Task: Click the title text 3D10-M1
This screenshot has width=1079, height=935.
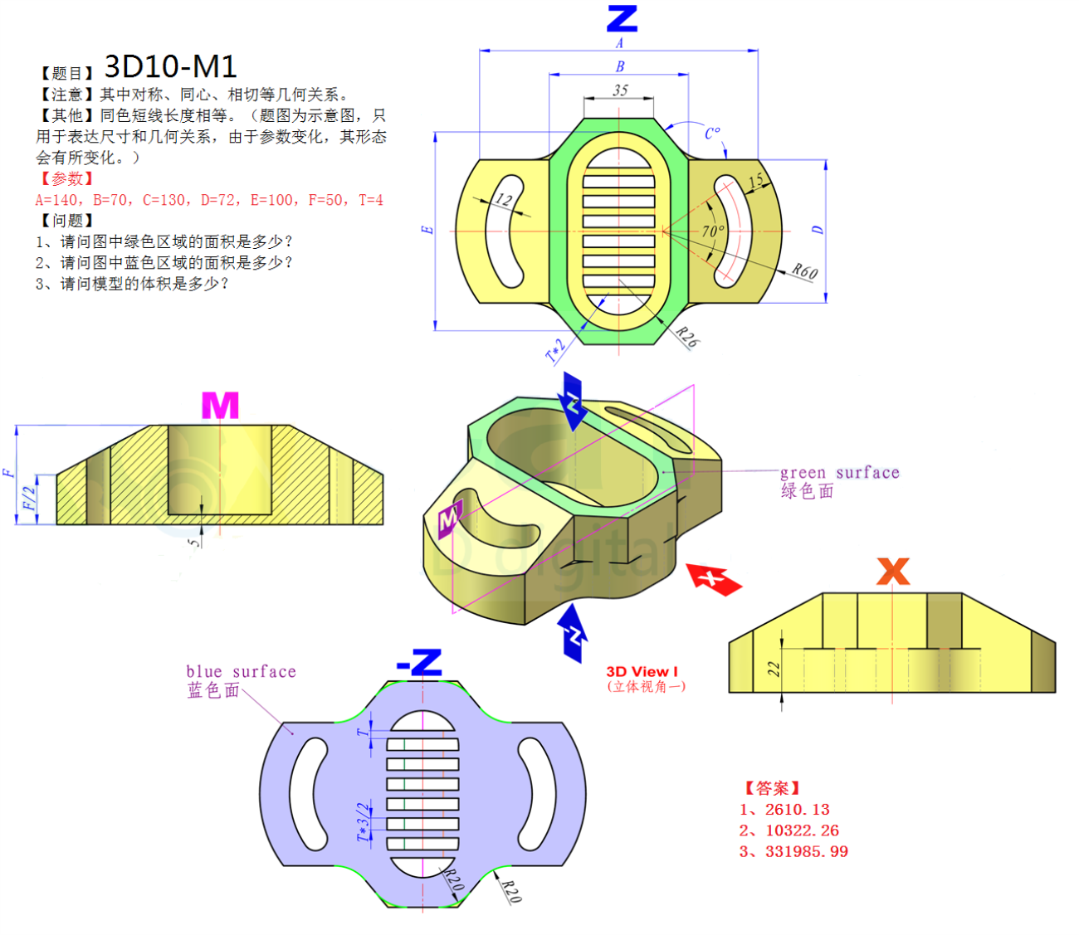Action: [170, 66]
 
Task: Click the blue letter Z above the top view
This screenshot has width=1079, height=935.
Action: [622, 18]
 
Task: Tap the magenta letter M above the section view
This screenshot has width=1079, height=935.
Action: [220, 406]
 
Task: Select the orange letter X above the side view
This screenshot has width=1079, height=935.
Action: [892, 572]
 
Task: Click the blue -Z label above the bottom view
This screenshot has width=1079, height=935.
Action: [419, 662]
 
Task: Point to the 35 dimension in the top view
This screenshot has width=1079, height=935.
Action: [620, 90]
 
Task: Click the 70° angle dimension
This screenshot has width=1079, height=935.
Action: [712, 231]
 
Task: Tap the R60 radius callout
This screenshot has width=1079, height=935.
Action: [803, 271]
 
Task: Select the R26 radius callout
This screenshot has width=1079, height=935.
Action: [686, 337]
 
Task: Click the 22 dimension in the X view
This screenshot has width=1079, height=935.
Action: [774, 669]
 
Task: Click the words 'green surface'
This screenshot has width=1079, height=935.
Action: [839, 472]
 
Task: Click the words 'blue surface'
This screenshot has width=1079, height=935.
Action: [241, 671]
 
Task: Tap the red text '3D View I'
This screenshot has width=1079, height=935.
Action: [642, 671]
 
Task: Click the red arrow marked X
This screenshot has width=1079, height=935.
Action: [714, 578]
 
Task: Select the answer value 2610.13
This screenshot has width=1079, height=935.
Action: [797, 810]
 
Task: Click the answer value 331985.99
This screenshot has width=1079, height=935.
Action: [806, 852]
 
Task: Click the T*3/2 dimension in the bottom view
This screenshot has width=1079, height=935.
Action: [363, 821]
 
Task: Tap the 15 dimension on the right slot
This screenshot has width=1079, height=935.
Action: [755, 182]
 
